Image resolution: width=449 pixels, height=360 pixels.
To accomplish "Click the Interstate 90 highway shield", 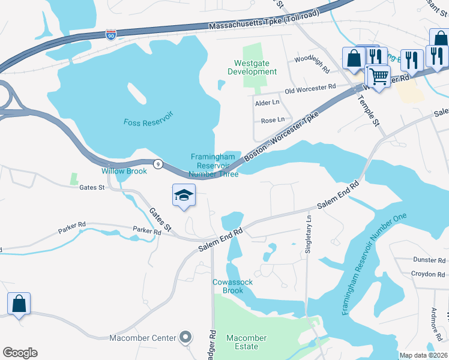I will (110, 35).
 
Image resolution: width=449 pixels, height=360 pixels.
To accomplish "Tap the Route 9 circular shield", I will (157, 164).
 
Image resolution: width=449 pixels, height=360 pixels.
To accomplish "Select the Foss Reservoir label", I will (148, 122).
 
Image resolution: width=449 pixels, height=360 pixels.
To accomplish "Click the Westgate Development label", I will (252, 67).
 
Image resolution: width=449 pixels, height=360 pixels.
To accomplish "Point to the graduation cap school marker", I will (184, 195).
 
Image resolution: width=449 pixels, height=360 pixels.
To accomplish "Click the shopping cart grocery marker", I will (378, 76).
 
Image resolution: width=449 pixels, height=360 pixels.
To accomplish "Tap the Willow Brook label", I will (124, 171).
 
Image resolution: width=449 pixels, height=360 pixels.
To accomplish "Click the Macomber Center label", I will (143, 338).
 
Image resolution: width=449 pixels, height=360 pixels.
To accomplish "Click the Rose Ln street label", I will (273, 121).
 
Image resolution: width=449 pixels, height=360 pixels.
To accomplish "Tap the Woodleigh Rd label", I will (312, 65).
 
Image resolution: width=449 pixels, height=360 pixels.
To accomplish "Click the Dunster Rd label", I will (429, 260).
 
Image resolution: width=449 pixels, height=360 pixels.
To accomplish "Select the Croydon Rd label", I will (428, 274).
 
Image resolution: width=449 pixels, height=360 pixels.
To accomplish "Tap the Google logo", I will (20, 353).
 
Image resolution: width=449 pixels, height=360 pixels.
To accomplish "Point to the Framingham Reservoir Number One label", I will (373, 264).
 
